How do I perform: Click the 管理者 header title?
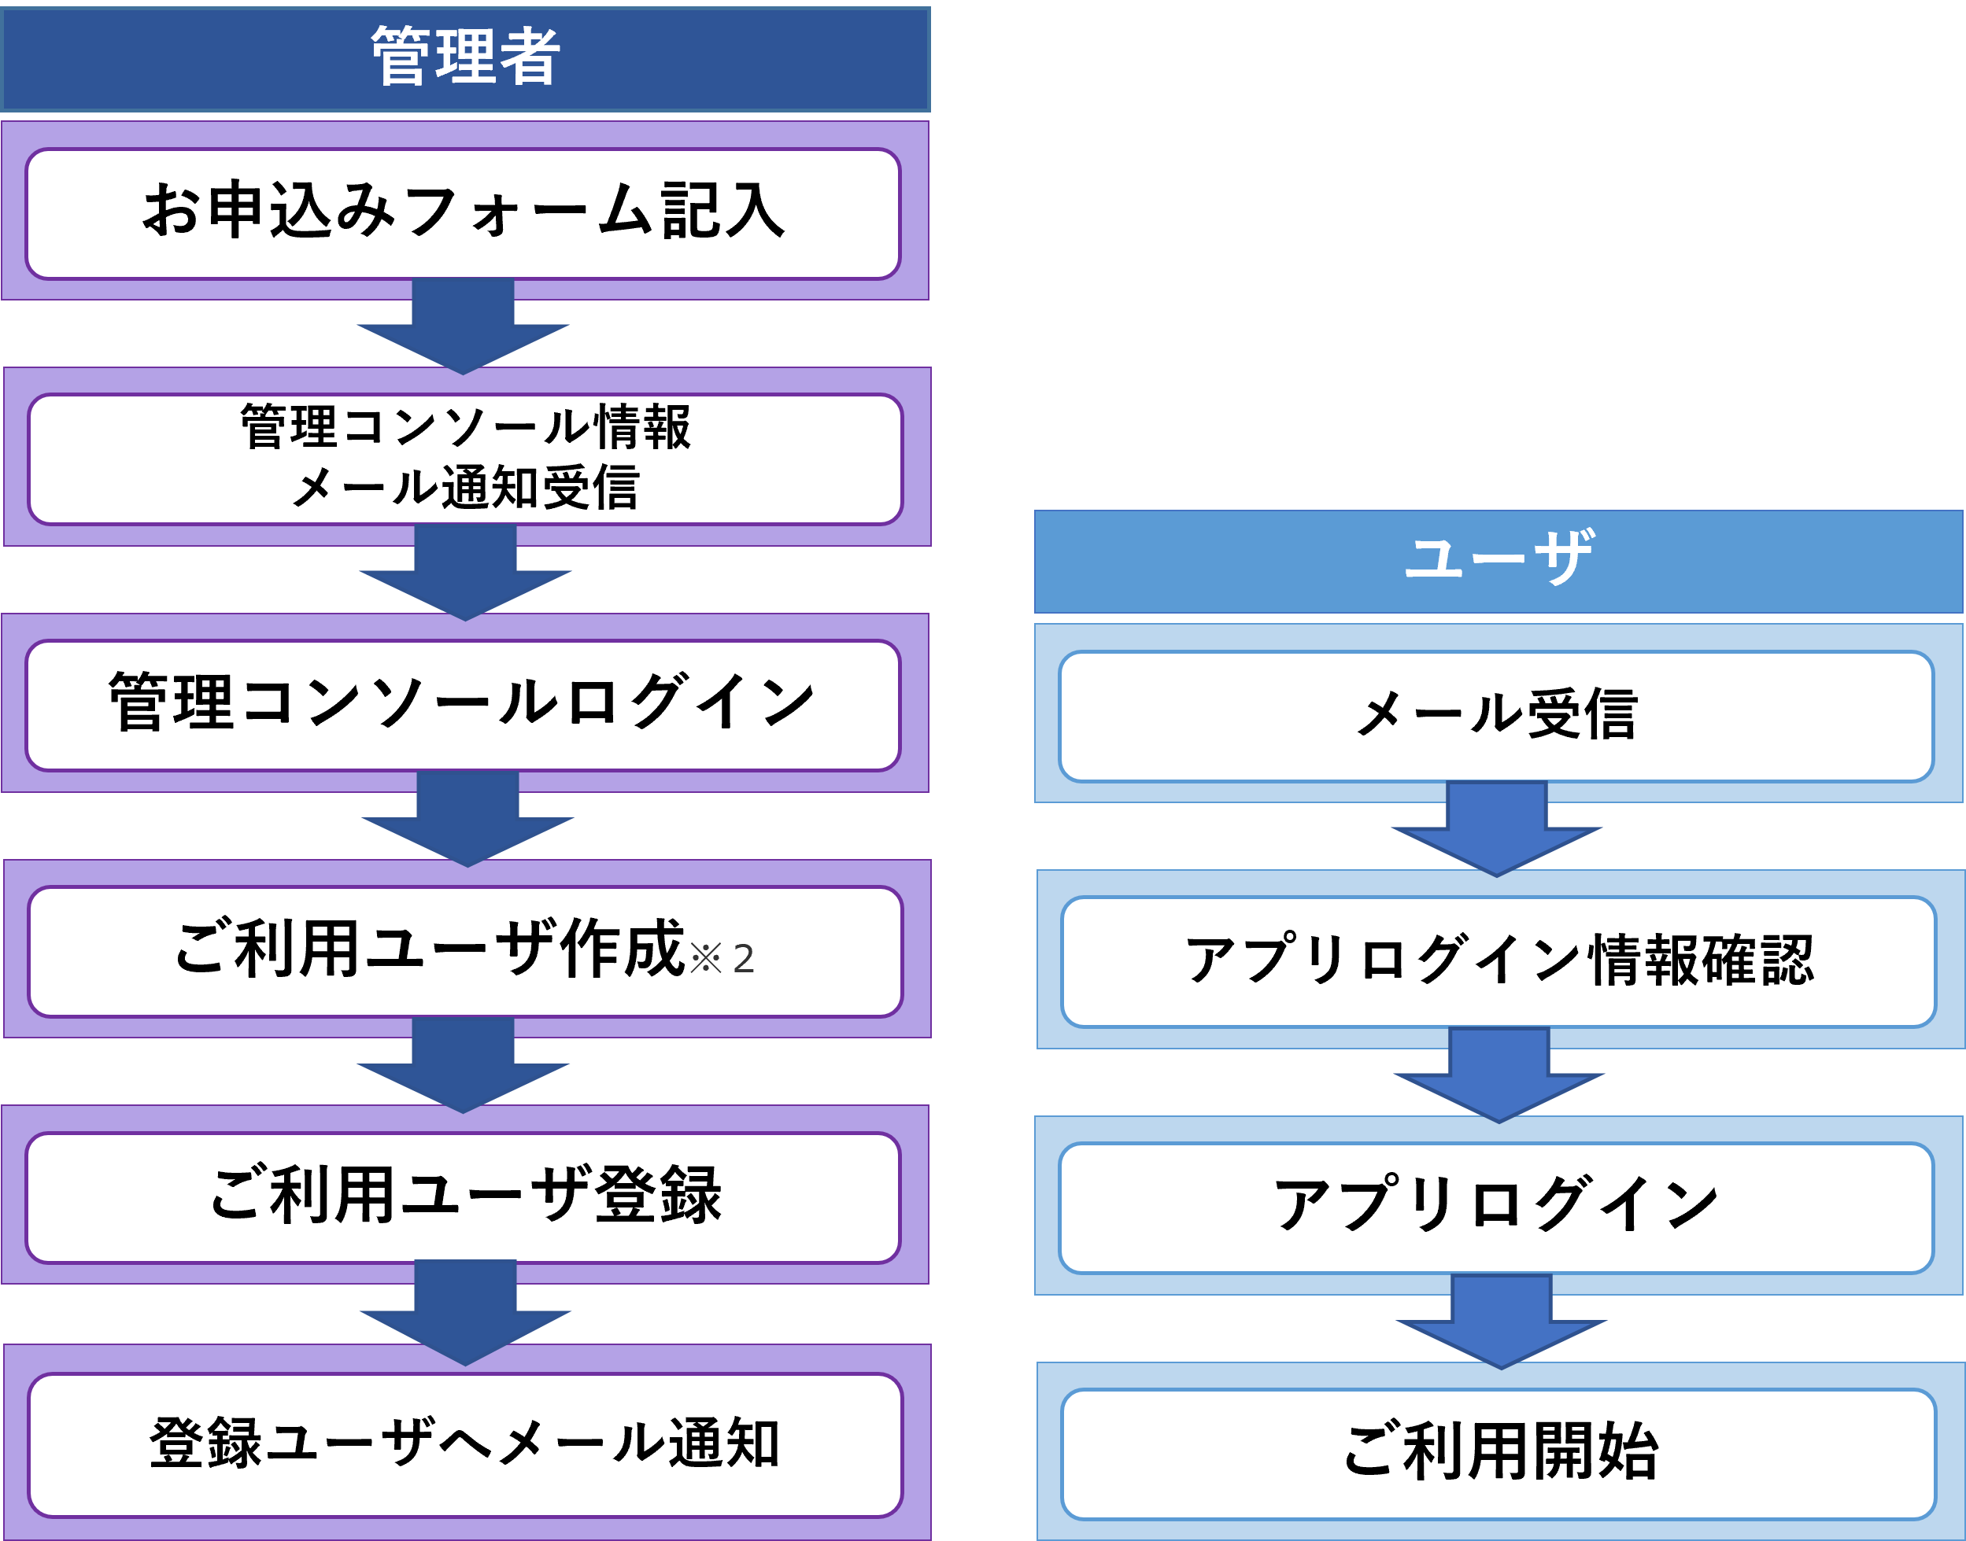tap(465, 57)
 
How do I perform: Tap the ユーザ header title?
tap(1498, 558)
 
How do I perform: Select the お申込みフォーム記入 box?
tap(463, 213)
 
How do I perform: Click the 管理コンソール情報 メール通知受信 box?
tap(465, 459)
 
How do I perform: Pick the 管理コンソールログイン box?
tap(463, 705)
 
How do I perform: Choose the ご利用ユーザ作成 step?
tap(429, 950)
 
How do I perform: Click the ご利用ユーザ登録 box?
tap(463, 1196)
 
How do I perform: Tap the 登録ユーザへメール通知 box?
tap(465, 1443)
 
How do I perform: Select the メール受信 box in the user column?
tap(1495, 716)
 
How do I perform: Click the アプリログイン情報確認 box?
tap(1499, 961)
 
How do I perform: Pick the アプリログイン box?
tap(1495, 1207)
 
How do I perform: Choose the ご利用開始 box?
tap(1499, 1454)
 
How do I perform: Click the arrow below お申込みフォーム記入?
tap(463, 330)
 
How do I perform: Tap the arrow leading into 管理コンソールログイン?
tap(465, 576)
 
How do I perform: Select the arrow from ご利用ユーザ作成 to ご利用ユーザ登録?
tap(463, 1068)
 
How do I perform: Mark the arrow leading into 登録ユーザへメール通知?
tap(465, 1315)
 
